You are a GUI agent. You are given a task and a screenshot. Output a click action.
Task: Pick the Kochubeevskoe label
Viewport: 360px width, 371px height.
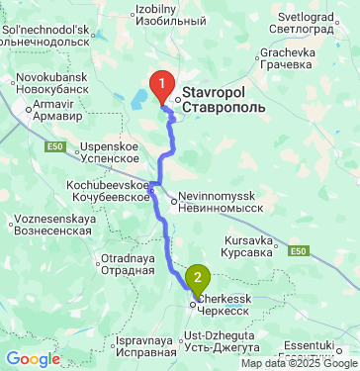pos(106,190)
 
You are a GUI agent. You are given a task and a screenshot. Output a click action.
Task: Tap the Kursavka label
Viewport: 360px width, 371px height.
pos(249,246)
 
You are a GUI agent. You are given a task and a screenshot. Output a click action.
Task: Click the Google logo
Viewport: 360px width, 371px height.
pos(33,359)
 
